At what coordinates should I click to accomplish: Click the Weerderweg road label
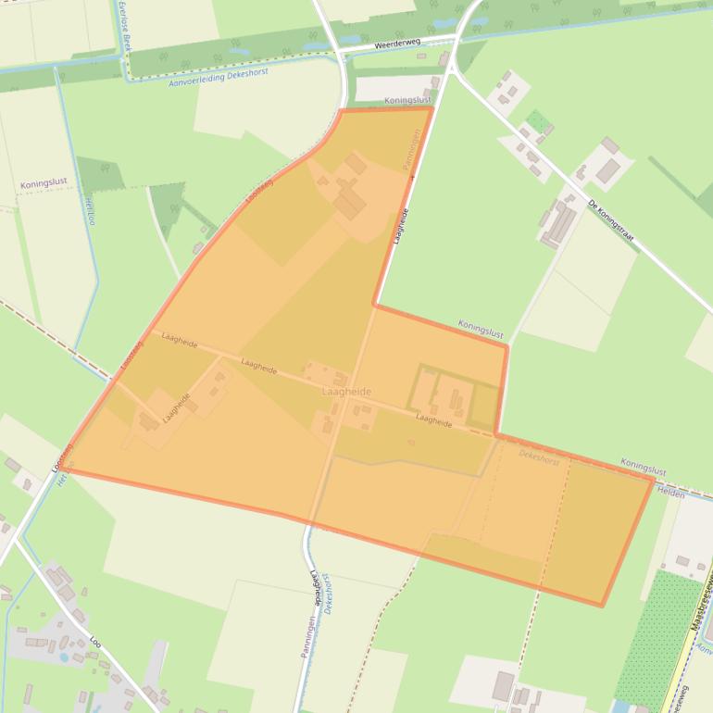coord(398,44)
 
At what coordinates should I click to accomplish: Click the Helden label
coord(670,494)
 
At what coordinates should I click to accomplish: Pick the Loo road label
coord(95,639)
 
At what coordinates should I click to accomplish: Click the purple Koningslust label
coord(44,183)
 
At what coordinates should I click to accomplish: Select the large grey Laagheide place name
coord(346,392)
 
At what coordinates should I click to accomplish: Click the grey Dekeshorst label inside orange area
coord(541,455)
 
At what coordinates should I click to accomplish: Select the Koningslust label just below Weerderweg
coord(407,99)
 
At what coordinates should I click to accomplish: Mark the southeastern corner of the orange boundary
coord(603,607)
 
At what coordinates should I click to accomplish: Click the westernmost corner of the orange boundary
coord(68,469)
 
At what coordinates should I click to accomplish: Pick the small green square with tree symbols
coord(537,121)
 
